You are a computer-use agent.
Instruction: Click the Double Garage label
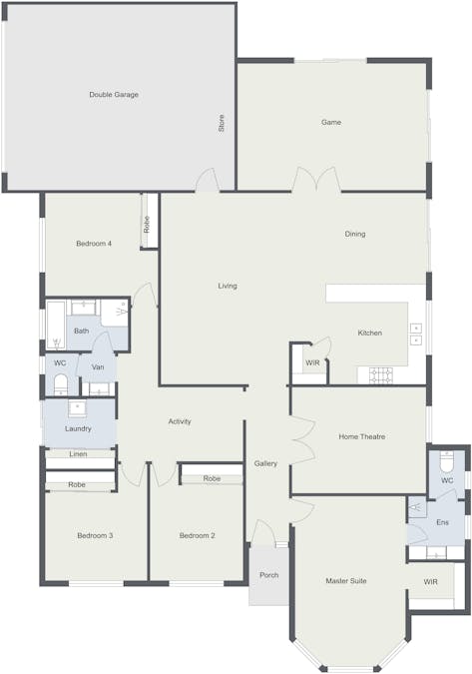(x=114, y=95)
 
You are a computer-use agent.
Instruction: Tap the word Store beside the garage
(x=222, y=124)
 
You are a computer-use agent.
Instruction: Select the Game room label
(x=331, y=123)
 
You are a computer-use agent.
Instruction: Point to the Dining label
(x=355, y=235)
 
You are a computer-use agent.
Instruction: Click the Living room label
(x=228, y=287)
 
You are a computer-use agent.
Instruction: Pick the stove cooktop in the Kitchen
(x=380, y=375)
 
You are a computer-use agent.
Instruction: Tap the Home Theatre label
(x=362, y=436)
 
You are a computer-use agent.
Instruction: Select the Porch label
(x=269, y=575)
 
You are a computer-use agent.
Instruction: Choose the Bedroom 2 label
(x=198, y=536)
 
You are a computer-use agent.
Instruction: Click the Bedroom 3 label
(x=95, y=536)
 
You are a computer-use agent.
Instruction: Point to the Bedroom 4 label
(x=94, y=244)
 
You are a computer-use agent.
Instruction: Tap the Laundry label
(x=78, y=428)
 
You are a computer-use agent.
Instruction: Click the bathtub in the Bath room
(x=55, y=325)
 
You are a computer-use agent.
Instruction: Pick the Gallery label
(x=265, y=463)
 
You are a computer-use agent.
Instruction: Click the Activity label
(x=180, y=421)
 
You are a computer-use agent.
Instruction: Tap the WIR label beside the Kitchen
(x=312, y=362)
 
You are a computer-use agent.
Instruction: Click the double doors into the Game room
(x=315, y=181)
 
